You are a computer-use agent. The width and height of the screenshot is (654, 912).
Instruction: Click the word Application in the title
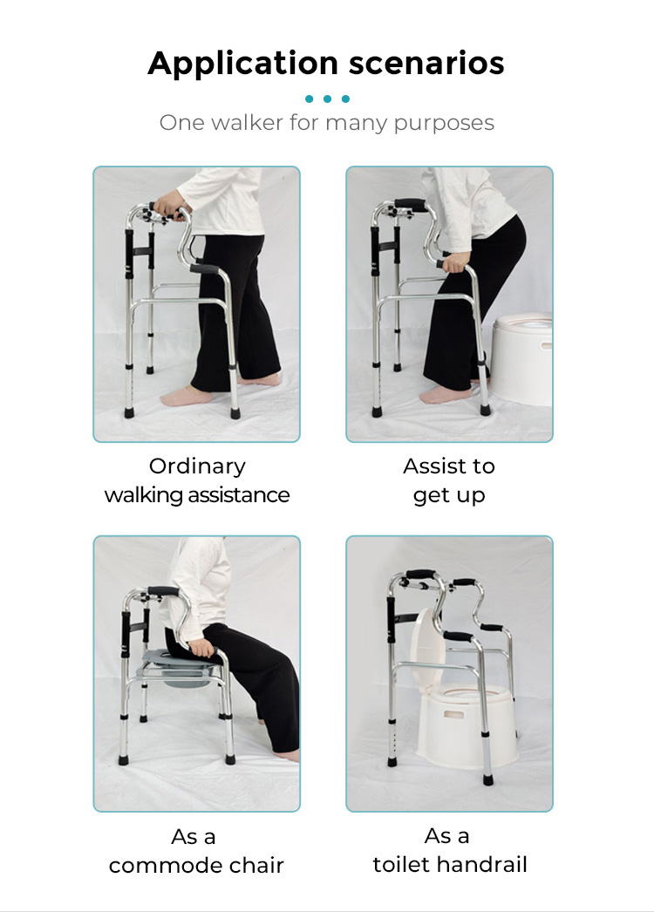(242, 65)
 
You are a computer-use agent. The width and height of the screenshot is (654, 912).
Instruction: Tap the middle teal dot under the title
(327, 99)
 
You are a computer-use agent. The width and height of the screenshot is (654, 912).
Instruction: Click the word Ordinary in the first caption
(197, 466)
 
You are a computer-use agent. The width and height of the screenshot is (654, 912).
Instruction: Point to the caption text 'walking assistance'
(197, 495)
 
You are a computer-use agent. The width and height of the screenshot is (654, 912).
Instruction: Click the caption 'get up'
(449, 495)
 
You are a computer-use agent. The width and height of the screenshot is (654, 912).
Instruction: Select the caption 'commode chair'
(197, 866)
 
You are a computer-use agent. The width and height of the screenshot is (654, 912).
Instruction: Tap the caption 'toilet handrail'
(449, 864)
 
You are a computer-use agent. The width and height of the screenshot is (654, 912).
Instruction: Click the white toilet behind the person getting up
(524, 357)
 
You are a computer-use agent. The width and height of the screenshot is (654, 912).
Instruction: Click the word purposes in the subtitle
(444, 123)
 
